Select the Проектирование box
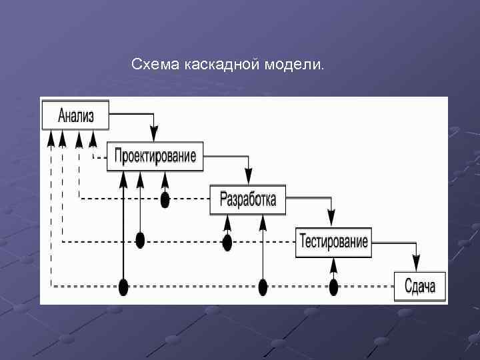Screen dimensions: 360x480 [155, 157]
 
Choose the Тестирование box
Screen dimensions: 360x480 [333, 241]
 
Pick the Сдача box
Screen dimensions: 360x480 [420, 287]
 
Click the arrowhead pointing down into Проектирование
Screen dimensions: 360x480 [154, 137]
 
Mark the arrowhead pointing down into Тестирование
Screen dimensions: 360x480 [331, 220]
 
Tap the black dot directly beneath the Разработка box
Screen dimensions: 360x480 [227, 241]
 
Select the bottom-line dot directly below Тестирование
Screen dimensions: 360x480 [333, 287]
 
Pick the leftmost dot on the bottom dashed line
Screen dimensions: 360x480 [123, 287]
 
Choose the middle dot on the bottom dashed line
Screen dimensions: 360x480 [263, 287]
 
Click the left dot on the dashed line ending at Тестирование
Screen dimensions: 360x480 [140, 241]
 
